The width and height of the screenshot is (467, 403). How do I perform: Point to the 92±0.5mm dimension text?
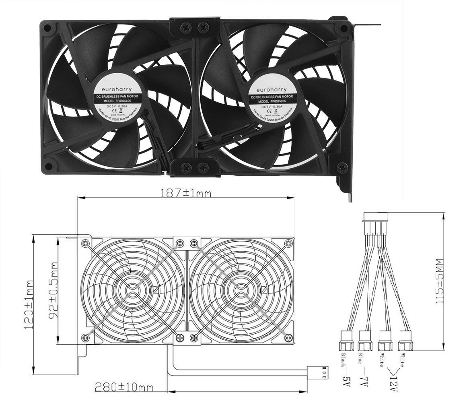pyautogui.click(x=52, y=291)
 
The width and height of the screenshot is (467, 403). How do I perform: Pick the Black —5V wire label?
pyautogui.click(x=345, y=369)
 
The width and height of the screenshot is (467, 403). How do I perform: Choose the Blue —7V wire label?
pyautogui.click(x=363, y=369)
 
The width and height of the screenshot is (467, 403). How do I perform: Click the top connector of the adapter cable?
pyautogui.click(x=375, y=217)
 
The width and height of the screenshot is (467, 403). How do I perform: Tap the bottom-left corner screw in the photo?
pyautogui.click(x=49, y=165)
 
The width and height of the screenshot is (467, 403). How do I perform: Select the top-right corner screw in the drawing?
pyautogui.click(x=288, y=243)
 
